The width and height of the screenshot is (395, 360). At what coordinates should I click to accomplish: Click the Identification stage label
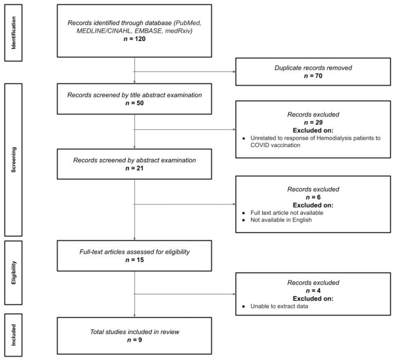(14, 33)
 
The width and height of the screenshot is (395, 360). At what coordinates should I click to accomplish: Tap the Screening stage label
(14, 160)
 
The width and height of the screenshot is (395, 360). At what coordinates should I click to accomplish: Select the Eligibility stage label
(14, 272)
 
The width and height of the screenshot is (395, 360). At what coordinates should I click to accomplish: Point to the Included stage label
(14, 335)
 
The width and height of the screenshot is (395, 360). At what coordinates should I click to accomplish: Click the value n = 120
(134, 39)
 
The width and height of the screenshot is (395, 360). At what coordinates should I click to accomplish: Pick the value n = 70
(313, 76)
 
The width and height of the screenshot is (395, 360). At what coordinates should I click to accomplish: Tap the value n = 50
(134, 103)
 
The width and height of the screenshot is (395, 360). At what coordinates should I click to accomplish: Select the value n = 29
(313, 122)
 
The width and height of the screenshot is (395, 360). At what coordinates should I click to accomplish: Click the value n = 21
(134, 168)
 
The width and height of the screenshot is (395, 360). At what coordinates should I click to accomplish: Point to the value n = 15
(134, 260)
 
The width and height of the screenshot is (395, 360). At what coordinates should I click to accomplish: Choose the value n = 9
(134, 340)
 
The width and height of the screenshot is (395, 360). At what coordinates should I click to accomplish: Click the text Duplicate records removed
(313, 68)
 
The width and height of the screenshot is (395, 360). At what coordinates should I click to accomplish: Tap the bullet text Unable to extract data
(279, 306)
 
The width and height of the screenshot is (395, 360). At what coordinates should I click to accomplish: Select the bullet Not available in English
(281, 220)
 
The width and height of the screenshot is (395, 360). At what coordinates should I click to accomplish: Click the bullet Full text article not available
(287, 213)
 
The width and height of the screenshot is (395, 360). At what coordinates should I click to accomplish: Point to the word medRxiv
(179, 31)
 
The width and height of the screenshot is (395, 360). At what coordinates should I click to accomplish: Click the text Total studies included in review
(134, 332)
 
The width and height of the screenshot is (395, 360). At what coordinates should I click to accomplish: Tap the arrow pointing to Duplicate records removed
(185, 72)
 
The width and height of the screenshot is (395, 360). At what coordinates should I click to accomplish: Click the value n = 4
(313, 291)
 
